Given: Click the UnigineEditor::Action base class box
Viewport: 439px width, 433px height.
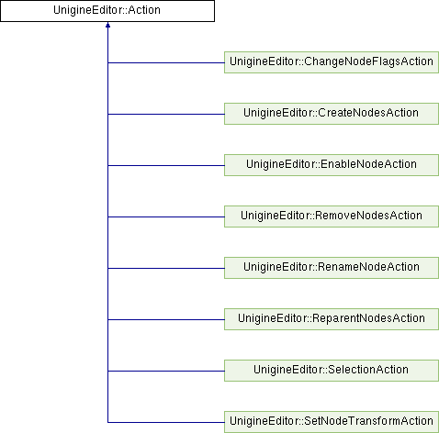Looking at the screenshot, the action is point(107,11).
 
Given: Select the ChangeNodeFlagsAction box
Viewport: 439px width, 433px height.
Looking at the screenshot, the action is point(332,62).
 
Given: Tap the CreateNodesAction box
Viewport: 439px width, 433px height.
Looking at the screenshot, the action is point(332,114).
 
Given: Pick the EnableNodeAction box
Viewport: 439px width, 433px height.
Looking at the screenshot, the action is point(332,165).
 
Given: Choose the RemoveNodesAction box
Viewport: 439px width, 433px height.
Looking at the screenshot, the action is point(332,216).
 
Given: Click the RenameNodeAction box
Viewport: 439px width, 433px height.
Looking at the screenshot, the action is point(332,268).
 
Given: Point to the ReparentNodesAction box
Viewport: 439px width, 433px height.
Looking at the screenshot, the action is point(332,319).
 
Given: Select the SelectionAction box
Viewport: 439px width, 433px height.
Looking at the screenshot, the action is point(332,371).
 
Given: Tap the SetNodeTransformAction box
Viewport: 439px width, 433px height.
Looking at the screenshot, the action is point(332,422).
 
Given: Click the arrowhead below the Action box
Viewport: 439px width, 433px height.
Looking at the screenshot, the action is point(107,25).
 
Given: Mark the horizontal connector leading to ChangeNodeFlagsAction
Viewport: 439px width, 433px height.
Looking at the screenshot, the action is point(166,63).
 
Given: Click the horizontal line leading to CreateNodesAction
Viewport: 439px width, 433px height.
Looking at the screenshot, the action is point(166,115).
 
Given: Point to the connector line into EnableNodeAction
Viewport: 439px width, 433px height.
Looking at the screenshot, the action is point(166,166).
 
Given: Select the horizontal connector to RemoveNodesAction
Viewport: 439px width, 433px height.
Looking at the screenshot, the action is point(166,217).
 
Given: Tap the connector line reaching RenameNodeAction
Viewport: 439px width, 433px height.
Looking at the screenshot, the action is point(166,269).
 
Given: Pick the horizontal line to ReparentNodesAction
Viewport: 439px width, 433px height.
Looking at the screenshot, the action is point(166,320).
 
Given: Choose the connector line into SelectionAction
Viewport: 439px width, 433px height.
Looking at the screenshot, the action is point(166,372).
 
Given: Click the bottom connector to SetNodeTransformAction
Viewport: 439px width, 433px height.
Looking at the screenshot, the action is point(166,423).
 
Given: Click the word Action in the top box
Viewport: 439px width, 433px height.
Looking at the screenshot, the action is point(144,10).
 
